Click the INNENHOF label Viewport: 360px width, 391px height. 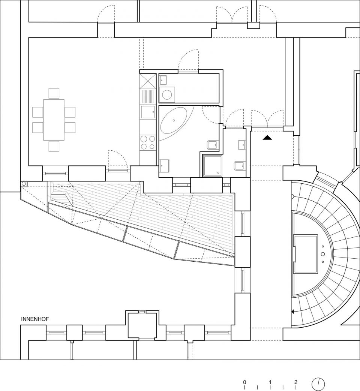(x=35, y=319)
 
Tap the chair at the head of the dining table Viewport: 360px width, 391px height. (x=54, y=93)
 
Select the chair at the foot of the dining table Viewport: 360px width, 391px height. (x=54, y=146)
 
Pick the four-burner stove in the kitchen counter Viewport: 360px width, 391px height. (x=147, y=142)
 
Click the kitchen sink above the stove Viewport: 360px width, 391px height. (x=148, y=112)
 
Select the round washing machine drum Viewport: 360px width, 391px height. (x=167, y=95)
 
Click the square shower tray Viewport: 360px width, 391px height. (x=212, y=165)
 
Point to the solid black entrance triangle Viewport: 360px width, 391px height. (x=267, y=138)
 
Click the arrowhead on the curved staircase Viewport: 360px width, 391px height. (x=293, y=312)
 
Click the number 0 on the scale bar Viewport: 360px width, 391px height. (x=244, y=382)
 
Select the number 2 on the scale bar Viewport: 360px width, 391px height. (x=296, y=382)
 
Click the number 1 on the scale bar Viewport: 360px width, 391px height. (x=270, y=382)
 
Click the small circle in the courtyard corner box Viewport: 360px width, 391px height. (x=24, y=184)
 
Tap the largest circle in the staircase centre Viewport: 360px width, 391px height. (x=323, y=254)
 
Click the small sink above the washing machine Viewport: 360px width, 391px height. (x=163, y=80)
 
